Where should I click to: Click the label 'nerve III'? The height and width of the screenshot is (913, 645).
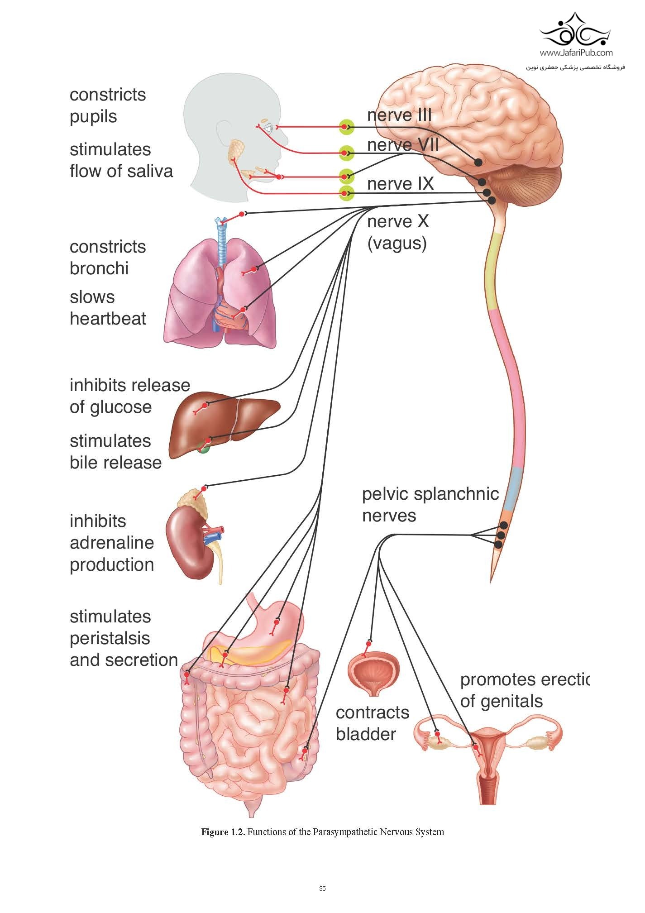click(x=399, y=115)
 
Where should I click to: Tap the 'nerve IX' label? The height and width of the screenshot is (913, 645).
click(x=400, y=184)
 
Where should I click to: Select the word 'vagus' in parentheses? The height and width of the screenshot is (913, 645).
click(x=397, y=244)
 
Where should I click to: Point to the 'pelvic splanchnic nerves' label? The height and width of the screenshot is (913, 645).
click(x=430, y=505)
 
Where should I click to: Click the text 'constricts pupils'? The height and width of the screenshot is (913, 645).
click(x=108, y=105)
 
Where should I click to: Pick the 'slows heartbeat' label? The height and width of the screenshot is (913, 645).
click(x=108, y=308)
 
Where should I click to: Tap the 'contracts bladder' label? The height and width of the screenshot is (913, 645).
click(x=372, y=723)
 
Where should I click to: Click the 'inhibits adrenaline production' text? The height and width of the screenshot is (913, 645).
click(x=112, y=542)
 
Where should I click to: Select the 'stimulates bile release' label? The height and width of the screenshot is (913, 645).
click(x=115, y=451)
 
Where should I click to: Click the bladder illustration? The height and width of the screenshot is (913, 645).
click(x=373, y=672)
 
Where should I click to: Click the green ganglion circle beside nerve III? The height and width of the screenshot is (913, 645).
click(x=346, y=127)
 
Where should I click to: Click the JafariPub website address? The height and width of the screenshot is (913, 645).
click(x=576, y=53)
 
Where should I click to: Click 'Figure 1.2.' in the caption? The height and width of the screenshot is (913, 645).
click(x=224, y=832)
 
